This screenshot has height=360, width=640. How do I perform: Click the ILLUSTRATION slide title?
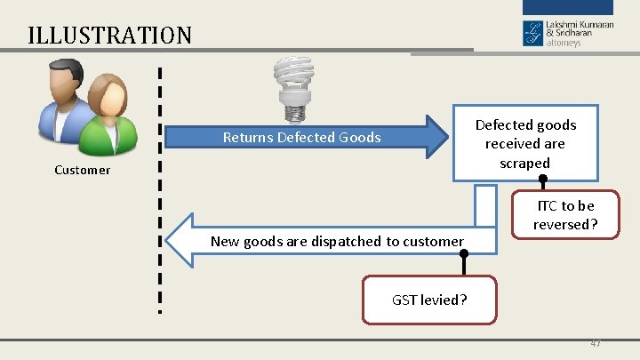point(109,36)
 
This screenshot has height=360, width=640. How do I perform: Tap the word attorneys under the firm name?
point(564,43)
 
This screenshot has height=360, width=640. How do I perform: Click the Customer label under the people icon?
point(82,170)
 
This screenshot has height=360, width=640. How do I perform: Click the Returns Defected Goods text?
point(301,137)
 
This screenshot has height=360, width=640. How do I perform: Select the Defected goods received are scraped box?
point(525,143)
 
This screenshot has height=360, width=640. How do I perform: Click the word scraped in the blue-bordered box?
point(524,163)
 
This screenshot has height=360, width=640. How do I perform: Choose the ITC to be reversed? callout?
point(565,215)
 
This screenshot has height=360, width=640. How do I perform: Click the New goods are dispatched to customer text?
point(337,241)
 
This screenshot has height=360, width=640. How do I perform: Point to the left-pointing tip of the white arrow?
point(171,241)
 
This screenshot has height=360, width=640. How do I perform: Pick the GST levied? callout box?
point(429,300)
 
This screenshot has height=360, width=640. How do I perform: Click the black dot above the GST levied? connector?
point(463,253)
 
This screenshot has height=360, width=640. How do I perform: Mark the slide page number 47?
point(594,343)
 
